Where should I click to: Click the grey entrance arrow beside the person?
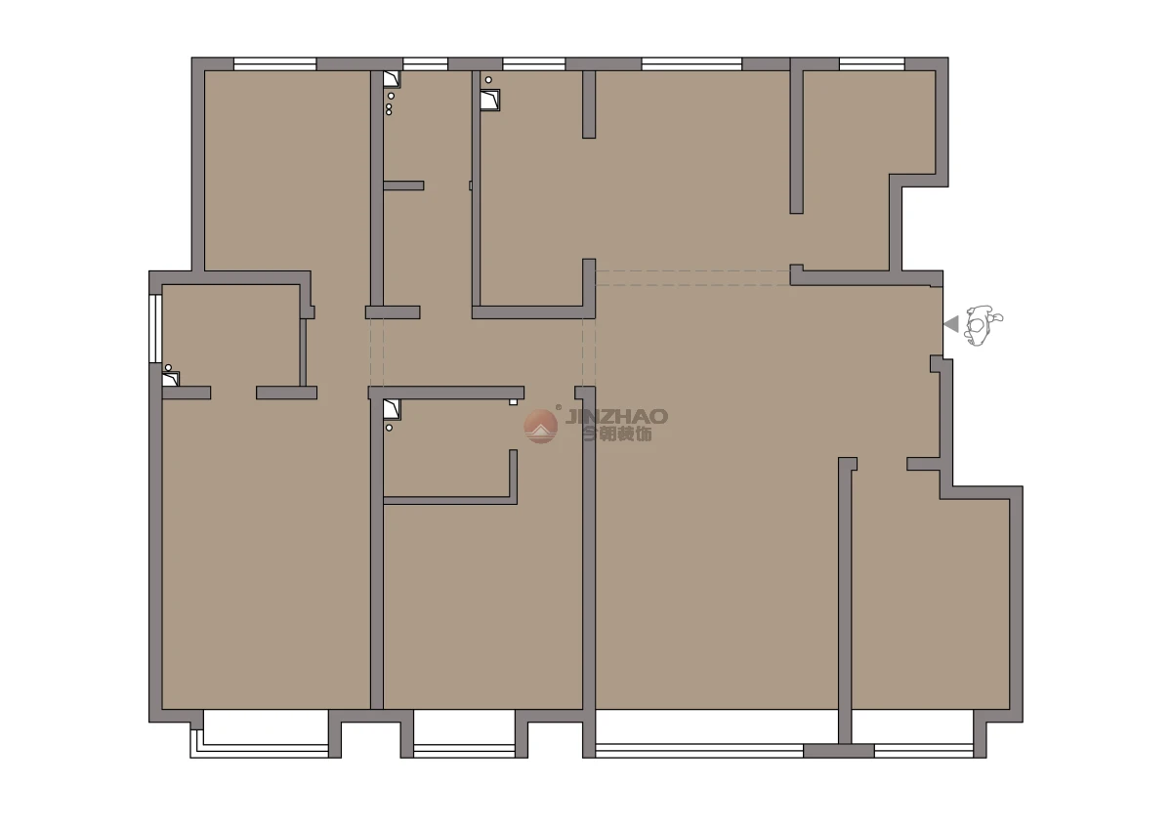click(x=951, y=324)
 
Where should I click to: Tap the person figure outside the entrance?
click(x=983, y=325)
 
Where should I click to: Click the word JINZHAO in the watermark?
click(x=616, y=416)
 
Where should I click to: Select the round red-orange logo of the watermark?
click(x=540, y=426)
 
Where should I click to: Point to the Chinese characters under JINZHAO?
click(x=617, y=434)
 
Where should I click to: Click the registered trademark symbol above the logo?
click(x=559, y=407)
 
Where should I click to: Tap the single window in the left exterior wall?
click(x=155, y=329)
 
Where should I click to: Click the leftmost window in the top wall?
click(x=274, y=64)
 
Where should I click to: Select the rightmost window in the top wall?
click(x=871, y=64)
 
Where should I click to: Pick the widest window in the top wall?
click(x=691, y=64)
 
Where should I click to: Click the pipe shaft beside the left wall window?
click(x=171, y=379)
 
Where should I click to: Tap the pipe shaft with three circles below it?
click(x=392, y=79)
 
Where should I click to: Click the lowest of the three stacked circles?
click(x=389, y=112)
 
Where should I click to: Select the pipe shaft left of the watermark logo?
click(x=392, y=409)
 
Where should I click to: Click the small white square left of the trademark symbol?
click(x=514, y=402)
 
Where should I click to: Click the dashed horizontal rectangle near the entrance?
click(x=692, y=277)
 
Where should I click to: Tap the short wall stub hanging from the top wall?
click(x=589, y=104)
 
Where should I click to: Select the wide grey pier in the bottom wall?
click(x=839, y=751)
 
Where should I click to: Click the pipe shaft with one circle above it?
click(x=490, y=100)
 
